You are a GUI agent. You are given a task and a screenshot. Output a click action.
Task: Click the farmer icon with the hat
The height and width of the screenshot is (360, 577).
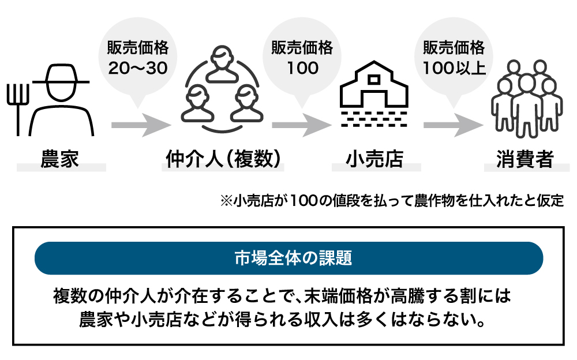pyautogui.click(x=62, y=98)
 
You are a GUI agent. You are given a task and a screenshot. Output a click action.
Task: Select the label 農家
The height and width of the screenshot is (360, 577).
pyautogui.click(x=59, y=159)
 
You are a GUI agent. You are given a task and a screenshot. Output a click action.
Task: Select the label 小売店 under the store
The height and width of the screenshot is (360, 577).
pyautogui.click(x=375, y=159)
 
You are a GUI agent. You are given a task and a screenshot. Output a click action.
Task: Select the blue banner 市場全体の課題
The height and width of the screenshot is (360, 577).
pyautogui.click(x=288, y=258)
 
